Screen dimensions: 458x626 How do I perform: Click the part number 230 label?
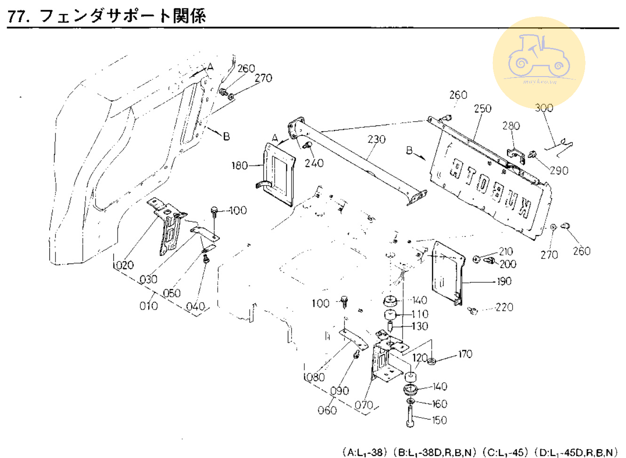pos(376,140)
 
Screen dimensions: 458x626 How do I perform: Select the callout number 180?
pos(239,165)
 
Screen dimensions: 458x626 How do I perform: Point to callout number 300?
pos(544,108)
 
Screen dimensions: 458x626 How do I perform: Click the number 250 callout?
pos(483,109)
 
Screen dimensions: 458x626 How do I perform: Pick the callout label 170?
pos(465,354)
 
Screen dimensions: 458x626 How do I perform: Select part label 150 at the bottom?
pos(439,420)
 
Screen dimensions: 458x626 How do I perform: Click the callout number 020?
pos(124,265)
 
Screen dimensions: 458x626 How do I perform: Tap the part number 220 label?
pos(504,307)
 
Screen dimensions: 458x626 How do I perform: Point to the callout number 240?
pos(314,163)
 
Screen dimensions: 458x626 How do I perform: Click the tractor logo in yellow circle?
pos(539,62)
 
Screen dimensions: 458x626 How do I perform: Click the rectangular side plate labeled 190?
pos(447,272)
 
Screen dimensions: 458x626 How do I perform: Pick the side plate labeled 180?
pos(278,174)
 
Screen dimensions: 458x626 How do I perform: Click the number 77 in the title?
pos(17,16)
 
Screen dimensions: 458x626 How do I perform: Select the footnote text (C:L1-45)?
pos(506,452)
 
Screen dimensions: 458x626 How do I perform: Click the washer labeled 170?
pos(432,361)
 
